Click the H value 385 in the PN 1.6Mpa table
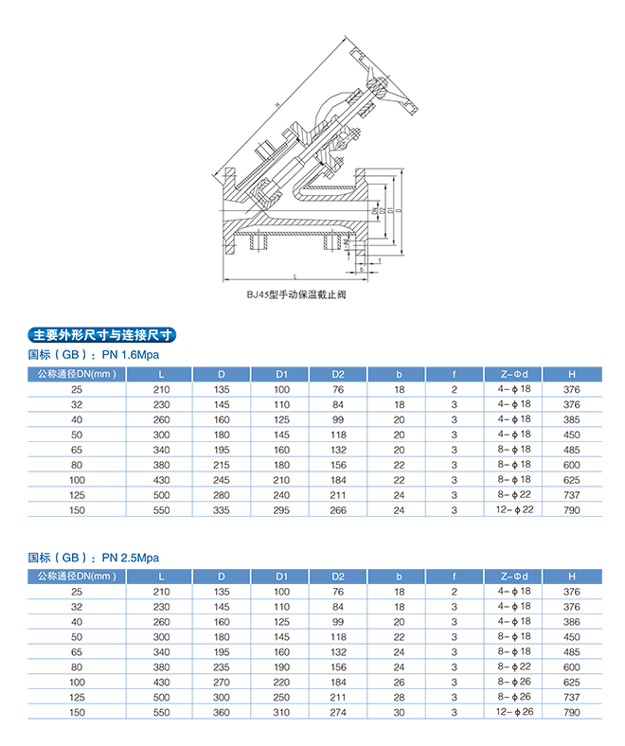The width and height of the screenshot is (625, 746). (571, 419)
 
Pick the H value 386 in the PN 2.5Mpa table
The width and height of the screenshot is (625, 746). (571, 622)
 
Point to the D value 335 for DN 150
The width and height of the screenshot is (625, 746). (222, 509)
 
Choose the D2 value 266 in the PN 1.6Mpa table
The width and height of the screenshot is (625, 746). (338, 509)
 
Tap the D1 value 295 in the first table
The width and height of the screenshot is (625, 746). (281, 509)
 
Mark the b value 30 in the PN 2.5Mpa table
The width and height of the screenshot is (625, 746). (399, 712)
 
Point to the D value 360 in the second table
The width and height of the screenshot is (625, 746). (222, 712)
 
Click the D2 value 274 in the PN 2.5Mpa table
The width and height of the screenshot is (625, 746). (338, 712)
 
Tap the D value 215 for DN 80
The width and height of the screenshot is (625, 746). (222, 464)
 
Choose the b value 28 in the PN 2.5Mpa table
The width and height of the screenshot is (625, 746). (399, 697)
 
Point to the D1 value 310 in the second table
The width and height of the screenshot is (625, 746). (281, 712)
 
